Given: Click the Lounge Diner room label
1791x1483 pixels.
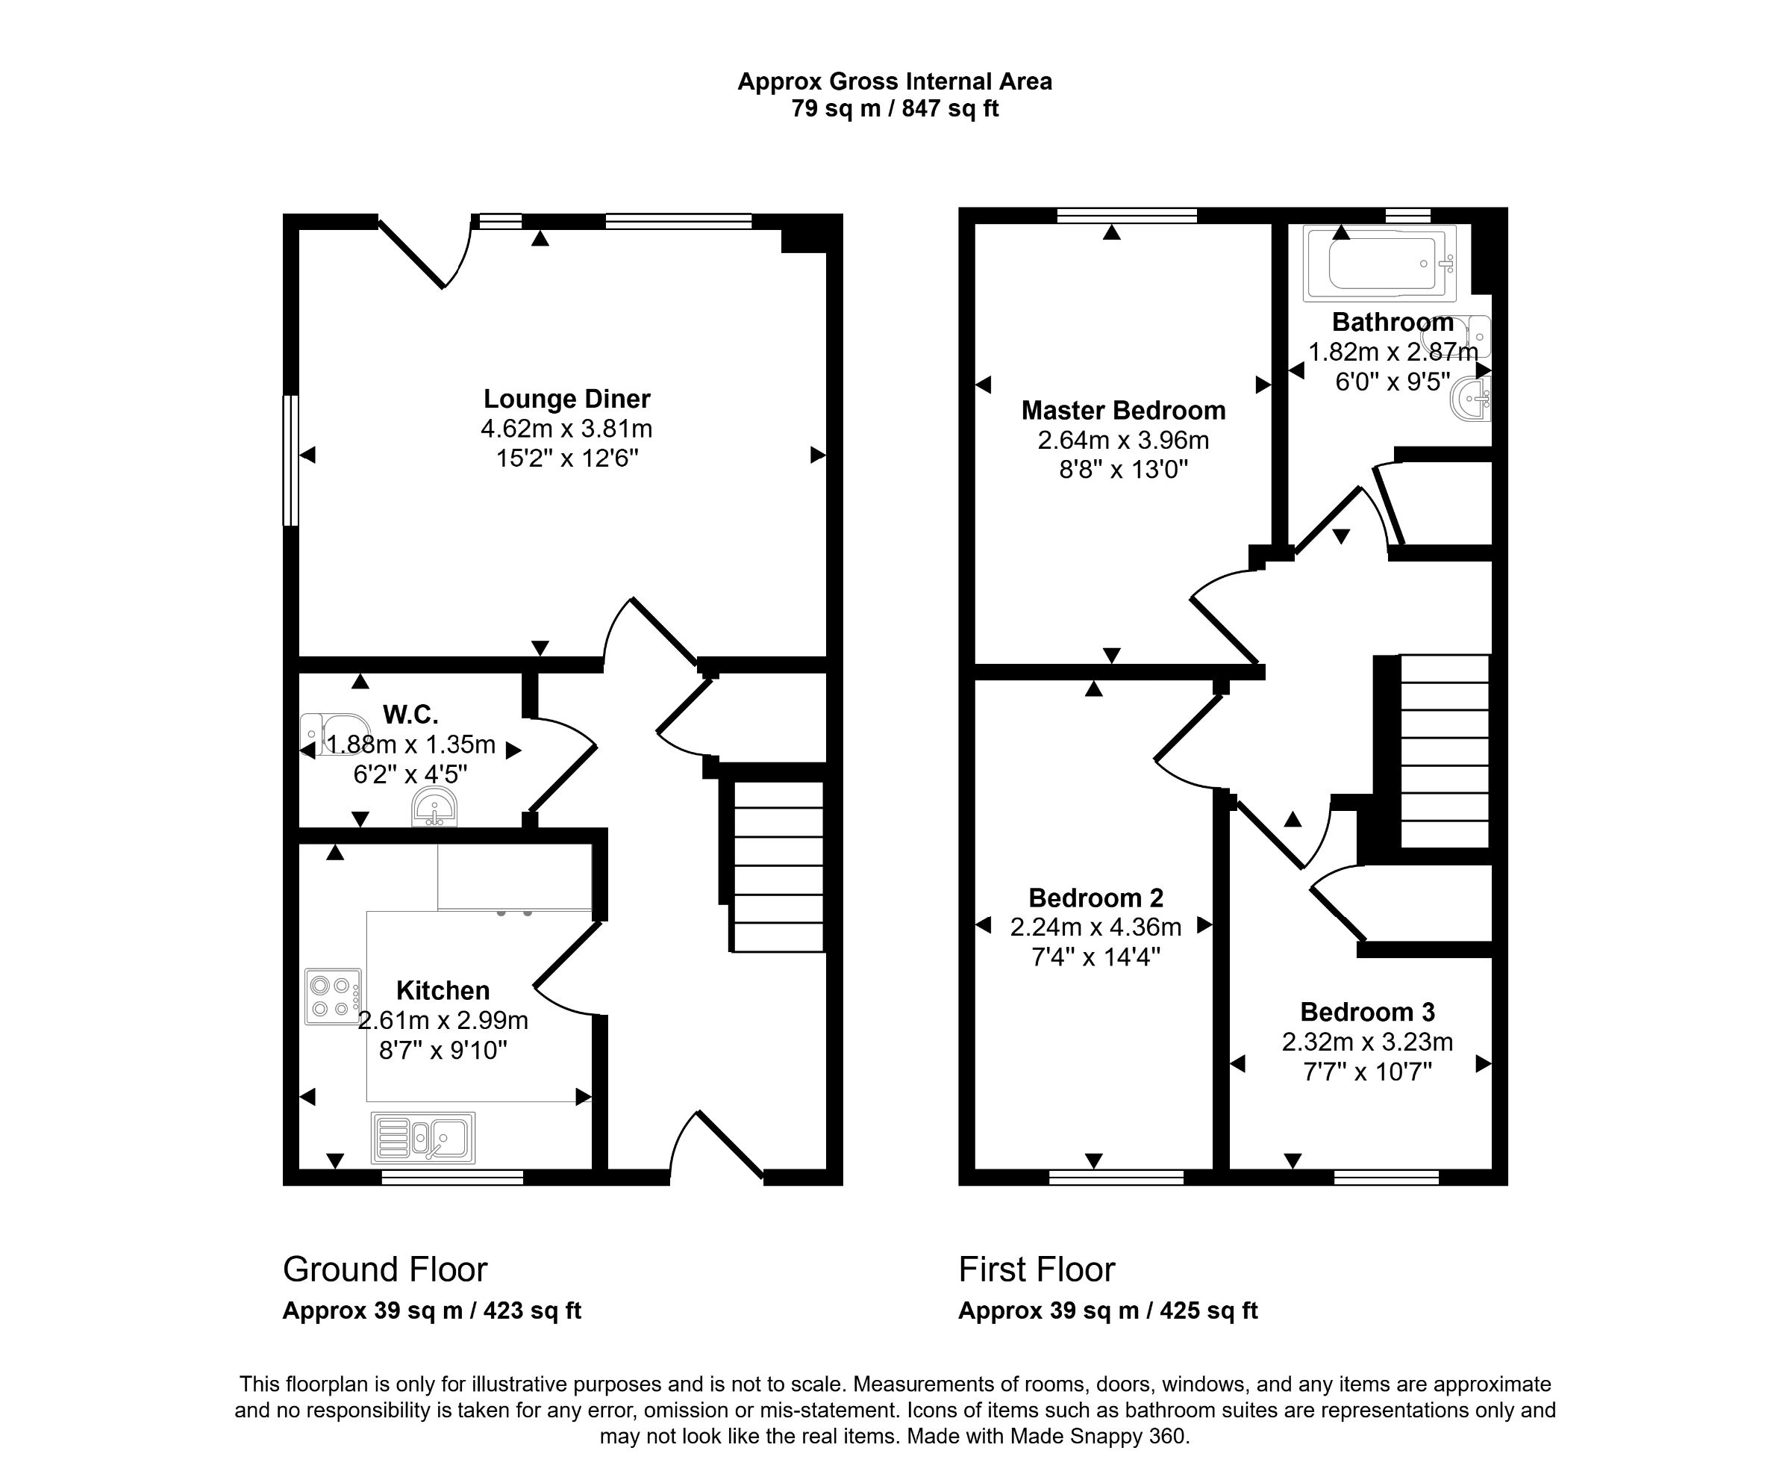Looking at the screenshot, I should tap(566, 399).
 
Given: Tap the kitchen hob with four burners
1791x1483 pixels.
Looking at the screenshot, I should tap(333, 997).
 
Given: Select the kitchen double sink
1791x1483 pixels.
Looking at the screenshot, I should tap(423, 1137).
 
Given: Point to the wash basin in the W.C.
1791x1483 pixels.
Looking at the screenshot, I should tap(434, 807).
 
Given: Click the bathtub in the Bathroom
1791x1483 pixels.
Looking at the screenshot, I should tap(1380, 264).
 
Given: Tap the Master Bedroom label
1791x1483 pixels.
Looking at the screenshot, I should tap(1123, 411).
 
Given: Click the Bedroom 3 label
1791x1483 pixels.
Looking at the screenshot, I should tap(1367, 1012).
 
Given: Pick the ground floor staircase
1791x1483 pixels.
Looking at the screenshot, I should tap(778, 866).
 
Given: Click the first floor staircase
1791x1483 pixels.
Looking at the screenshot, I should tap(1445, 751).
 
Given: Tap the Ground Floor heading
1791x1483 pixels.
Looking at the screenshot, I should tap(384, 1269).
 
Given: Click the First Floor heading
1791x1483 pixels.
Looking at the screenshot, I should tap(1037, 1269).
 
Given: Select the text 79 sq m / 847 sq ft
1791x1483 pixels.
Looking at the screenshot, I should tap(895, 109).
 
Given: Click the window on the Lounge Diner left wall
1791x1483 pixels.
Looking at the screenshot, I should tap(291, 460).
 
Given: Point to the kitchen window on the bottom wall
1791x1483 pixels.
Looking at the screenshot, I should tap(452, 1178).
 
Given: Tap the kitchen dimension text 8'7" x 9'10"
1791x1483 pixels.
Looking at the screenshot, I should tap(443, 1050).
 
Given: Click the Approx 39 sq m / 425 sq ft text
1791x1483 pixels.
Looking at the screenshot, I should tap(1107, 1311).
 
